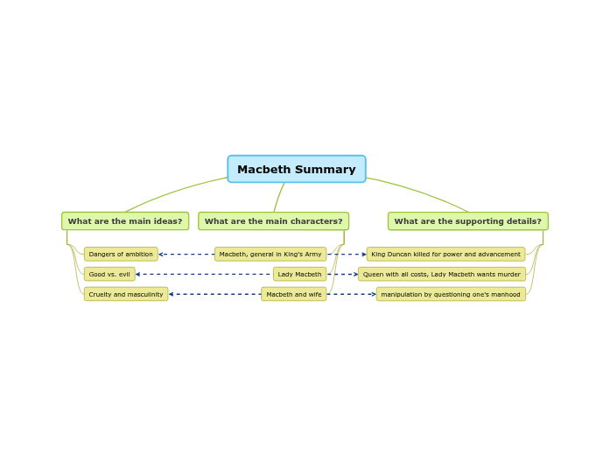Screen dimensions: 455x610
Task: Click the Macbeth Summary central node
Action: pos(297,169)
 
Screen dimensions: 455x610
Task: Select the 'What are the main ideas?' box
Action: pos(125,221)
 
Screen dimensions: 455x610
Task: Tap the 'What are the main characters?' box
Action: pos(273,221)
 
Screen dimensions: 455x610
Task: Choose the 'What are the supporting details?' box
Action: pos(467,221)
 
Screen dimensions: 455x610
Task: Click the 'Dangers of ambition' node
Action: pos(121,255)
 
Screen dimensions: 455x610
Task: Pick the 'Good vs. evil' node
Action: pos(109,275)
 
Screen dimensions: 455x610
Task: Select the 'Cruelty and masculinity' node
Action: pos(126,295)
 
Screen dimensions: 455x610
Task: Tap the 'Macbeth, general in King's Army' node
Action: pos(270,255)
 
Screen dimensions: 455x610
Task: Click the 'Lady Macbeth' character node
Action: pos(299,275)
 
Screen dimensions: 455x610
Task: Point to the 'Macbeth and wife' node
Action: pos(293,295)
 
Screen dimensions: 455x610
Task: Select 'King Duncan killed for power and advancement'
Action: pos(445,255)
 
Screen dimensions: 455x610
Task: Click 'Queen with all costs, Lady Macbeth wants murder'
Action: pos(441,275)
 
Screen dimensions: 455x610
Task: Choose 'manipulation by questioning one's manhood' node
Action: pos(451,295)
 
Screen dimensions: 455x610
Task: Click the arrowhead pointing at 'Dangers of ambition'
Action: pos(161,255)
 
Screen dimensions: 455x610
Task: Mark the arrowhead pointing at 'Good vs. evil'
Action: pos(138,275)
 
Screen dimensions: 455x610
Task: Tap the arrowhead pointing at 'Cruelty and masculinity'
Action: pos(172,295)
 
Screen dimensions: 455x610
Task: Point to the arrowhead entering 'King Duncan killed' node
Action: pos(364,255)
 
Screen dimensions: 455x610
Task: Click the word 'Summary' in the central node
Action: pos(328,170)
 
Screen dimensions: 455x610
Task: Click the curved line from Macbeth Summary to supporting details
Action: pos(420,192)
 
